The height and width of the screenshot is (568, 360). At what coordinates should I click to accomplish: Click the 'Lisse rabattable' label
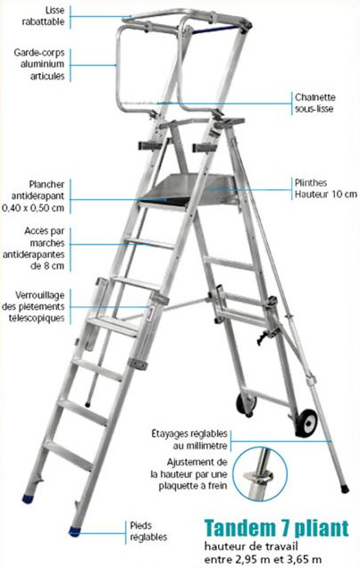point(44,16)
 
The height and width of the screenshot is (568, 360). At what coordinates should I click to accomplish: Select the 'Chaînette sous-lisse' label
point(314,103)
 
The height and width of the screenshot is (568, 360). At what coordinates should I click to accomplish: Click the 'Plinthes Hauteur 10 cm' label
point(325,188)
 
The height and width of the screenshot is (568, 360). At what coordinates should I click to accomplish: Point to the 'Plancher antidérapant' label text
point(38,190)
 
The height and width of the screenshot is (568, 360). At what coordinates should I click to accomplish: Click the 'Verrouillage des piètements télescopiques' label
point(33,306)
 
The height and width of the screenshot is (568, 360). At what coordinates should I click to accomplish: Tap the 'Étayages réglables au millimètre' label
point(189,439)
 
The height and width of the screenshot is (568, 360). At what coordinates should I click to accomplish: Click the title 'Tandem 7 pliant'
point(276,528)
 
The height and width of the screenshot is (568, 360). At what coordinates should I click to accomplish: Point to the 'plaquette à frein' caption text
point(193,486)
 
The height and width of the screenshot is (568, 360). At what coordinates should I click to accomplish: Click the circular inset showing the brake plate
point(260,474)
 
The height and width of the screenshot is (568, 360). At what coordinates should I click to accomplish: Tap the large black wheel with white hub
point(306,422)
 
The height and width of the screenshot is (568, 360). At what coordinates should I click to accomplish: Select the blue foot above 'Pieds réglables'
point(75,531)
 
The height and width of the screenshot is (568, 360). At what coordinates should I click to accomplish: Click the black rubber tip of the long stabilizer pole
point(345,489)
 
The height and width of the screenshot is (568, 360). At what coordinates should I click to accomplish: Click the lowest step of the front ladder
point(69,455)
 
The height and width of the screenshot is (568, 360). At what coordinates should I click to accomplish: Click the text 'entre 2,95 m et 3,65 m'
point(263,559)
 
